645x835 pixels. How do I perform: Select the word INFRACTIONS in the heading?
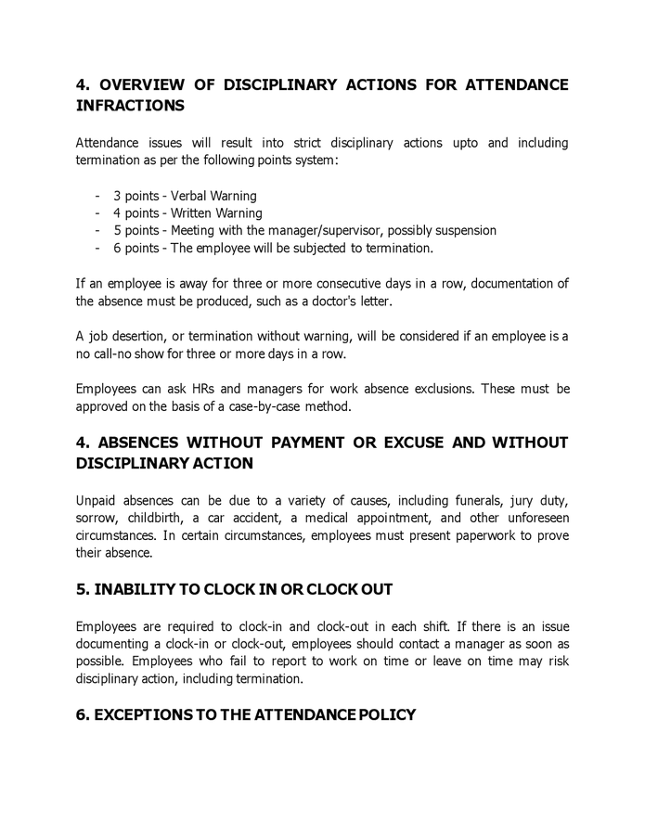(x=130, y=106)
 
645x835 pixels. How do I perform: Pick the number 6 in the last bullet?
(x=117, y=248)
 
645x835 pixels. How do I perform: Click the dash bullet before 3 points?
(x=97, y=196)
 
